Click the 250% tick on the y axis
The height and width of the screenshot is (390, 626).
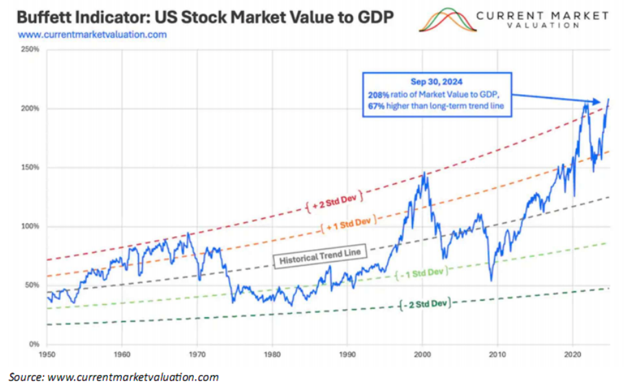click(30, 50)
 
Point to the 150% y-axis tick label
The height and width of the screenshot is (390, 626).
click(30, 168)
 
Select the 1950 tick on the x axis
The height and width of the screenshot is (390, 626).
click(47, 356)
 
